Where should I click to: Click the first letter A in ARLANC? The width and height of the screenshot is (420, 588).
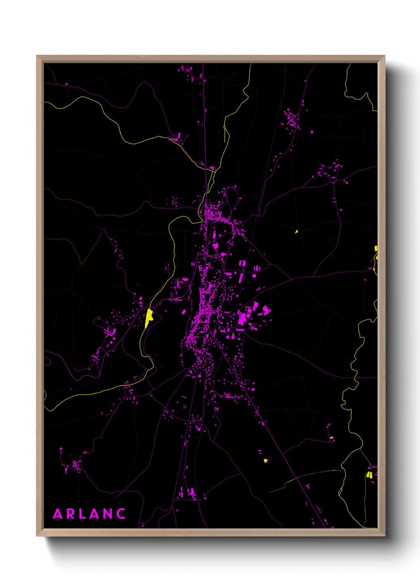coord(58,514)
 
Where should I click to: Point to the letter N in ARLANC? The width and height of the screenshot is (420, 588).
coord(108,514)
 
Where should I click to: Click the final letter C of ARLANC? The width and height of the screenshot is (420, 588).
coord(121,514)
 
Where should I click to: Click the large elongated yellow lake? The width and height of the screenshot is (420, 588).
coord(149,317)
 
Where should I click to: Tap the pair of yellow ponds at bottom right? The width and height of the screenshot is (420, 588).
coord(369,474)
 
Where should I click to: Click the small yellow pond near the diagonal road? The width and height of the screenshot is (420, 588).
coord(266,461)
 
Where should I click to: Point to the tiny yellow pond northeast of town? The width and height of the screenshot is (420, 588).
coord(297,231)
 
